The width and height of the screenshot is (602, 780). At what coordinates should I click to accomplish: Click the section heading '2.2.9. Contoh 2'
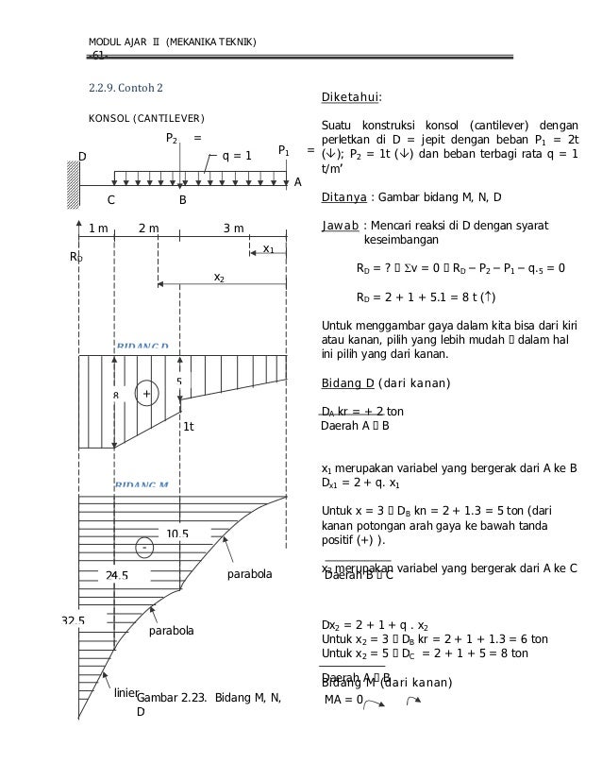click(x=125, y=89)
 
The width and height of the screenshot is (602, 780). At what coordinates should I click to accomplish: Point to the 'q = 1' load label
click(x=236, y=157)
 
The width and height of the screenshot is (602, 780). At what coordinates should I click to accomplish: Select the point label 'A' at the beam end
click(x=298, y=181)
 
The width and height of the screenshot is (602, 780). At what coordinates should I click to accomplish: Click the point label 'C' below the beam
click(x=111, y=200)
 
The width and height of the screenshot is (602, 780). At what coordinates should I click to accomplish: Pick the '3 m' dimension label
click(x=233, y=229)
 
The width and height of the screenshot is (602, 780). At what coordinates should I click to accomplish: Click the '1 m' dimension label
click(x=97, y=229)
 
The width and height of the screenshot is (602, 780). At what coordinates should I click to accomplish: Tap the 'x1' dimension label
click(x=268, y=248)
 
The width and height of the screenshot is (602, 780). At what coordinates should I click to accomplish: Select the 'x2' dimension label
click(x=219, y=278)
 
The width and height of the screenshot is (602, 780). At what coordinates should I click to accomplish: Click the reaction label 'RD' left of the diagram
click(x=76, y=256)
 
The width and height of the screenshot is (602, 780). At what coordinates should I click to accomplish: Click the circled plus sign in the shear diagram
click(x=146, y=393)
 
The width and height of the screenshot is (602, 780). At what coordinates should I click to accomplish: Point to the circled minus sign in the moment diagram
click(x=144, y=547)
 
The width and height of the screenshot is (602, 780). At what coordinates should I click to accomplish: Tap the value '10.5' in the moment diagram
click(x=176, y=534)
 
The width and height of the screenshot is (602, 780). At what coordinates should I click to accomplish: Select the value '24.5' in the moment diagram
click(x=117, y=574)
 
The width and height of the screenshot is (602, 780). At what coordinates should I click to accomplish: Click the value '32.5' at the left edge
click(x=73, y=620)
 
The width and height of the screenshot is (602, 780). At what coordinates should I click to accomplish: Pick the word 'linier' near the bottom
click(x=125, y=693)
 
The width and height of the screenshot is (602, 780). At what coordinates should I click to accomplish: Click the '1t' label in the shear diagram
click(x=188, y=427)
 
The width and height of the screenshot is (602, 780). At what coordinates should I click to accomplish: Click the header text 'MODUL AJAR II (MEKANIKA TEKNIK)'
click(x=172, y=42)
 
